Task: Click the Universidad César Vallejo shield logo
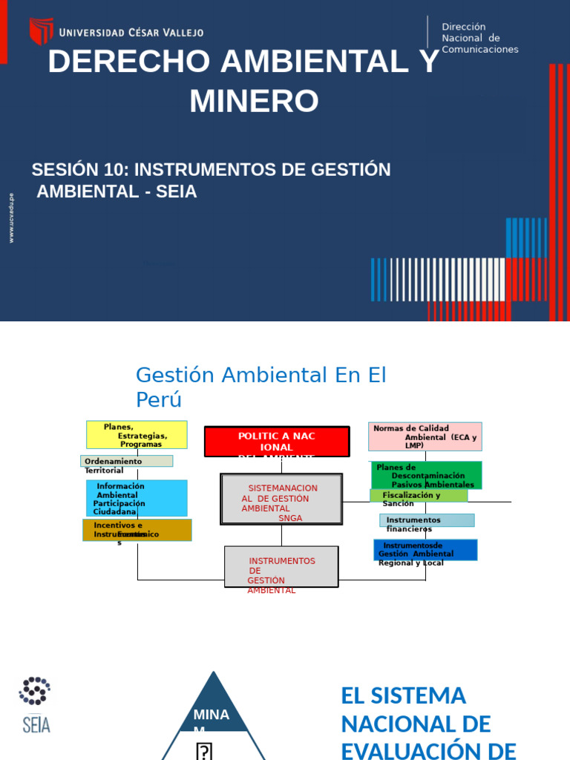(x=41, y=31)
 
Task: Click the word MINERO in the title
(x=254, y=101)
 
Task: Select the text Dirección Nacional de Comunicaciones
(x=479, y=38)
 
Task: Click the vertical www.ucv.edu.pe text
(x=11, y=218)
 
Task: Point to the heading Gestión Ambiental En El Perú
(x=261, y=387)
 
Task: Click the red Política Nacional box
(x=277, y=442)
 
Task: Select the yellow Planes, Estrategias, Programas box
(x=137, y=435)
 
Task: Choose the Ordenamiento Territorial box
(x=126, y=461)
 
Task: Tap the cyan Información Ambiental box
(x=137, y=498)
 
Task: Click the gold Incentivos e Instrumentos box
(x=137, y=530)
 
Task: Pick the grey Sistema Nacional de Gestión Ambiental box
(x=281, y=499)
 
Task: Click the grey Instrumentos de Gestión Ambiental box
(x=281, y=567)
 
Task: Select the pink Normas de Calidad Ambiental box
(x=425, y=436)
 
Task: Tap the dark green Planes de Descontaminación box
(x=426, y=475)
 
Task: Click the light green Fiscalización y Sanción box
(x=419, y=495)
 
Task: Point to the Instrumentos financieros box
(x=427, y=520)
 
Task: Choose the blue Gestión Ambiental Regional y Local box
(x=425, y=550)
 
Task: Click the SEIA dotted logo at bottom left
(x=35, y=704)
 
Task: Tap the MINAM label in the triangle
(x=211, y=718)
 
